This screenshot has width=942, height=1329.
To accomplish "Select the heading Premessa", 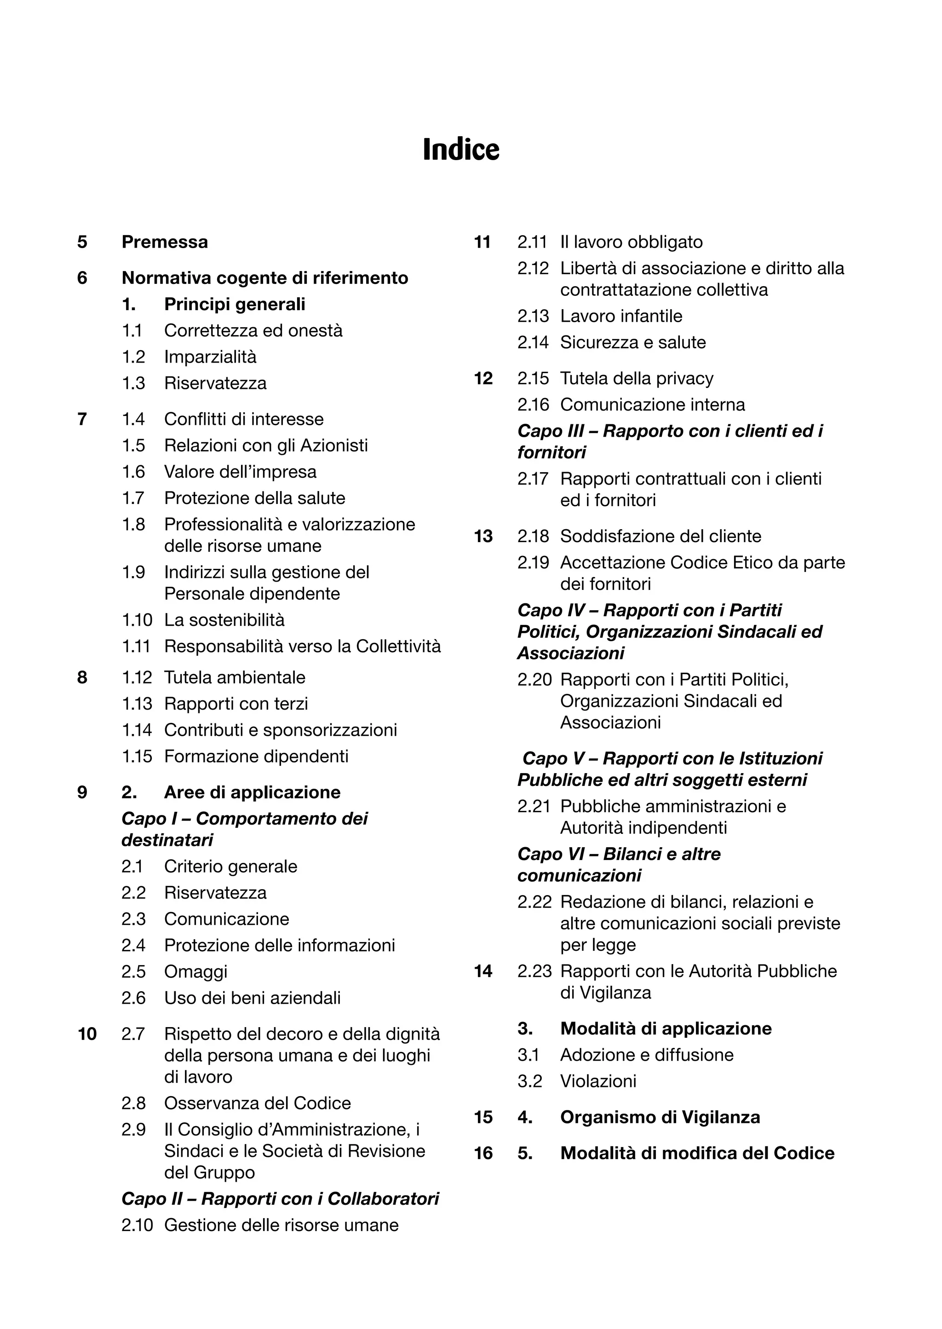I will point(165,242).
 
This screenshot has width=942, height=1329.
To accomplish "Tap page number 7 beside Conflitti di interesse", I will point(82,419).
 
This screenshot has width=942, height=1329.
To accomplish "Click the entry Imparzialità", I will point(210,357).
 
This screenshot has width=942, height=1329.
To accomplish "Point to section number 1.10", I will point(137,620).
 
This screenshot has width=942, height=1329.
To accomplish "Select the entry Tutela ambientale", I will point(234,677).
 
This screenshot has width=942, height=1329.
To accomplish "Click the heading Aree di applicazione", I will point(253,792).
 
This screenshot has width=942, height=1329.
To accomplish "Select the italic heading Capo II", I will point(280,1198).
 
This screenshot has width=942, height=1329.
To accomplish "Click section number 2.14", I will point(533,342).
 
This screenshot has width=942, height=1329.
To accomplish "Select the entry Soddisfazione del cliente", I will point(660,536).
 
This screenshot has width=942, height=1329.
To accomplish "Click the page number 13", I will point(483,536).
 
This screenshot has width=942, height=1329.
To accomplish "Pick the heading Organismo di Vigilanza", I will point(660,1117).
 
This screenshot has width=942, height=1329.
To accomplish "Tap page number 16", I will point(483,1153).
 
